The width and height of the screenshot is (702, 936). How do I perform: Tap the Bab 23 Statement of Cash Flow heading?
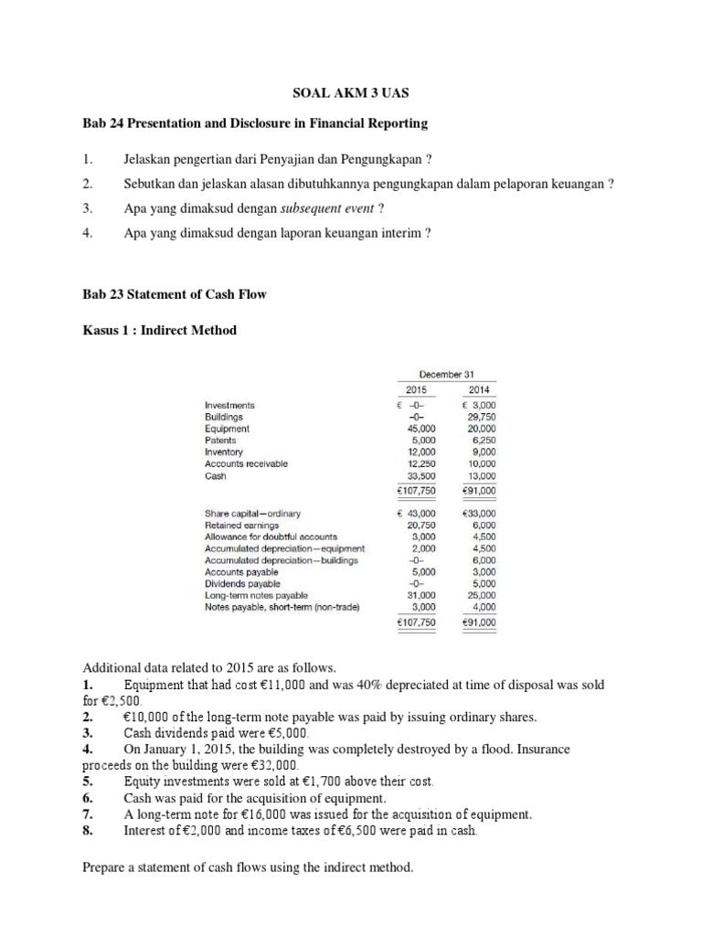coord(175,294)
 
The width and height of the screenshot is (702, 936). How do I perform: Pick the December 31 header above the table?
coord(445,374)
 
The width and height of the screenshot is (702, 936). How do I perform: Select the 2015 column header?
coord(417,389)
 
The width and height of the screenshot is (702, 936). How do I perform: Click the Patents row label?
coord(220,440)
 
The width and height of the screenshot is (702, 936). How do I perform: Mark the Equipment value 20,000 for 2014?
coord(481,428)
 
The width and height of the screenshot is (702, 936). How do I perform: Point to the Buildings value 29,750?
coord(481,416)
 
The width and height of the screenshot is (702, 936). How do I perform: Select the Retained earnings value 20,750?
coord(421,525)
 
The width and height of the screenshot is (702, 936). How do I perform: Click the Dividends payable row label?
coord(242,583)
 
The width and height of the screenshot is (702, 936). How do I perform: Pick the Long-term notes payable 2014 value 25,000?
coord(481,595)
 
